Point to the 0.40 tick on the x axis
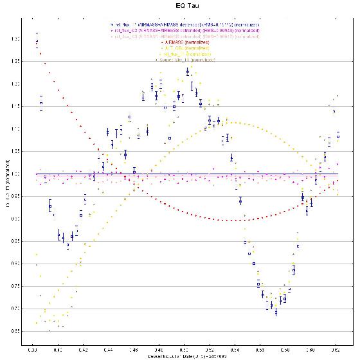coord(58,350)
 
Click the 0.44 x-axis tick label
coord(108,350)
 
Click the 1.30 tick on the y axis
coord(24,39)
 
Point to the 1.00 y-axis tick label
coord(24,174)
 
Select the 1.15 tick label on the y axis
coord(24,107)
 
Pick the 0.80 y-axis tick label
coord(24,264)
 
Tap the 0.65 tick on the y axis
coord(24,331)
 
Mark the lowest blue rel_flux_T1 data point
coord(276,312)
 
